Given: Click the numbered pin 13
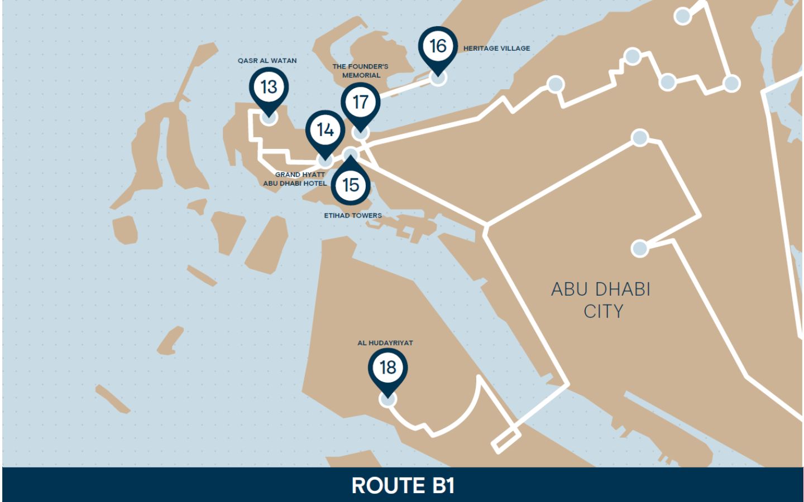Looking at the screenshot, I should coord(269,87).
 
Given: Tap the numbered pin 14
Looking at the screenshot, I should coord(325,130).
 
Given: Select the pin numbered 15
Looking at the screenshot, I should coord(351,185).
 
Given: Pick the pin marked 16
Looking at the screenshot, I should coord(438,46).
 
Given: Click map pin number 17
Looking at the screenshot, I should coord(361,102).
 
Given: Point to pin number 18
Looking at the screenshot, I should coord(387,368).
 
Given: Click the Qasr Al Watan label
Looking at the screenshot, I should coord(267,61).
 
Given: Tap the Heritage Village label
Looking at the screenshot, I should coord(496,49).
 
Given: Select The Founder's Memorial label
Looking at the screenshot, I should coord(360,71).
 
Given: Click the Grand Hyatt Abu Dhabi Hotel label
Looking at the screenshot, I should coord(295,179).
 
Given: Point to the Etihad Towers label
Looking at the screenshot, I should coord(353,215).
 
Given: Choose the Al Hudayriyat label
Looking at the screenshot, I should coord(385,343).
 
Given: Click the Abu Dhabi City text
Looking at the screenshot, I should coord(601,300).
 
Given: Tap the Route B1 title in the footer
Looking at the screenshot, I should coord(403,485).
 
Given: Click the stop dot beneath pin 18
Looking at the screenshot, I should coord(387,399).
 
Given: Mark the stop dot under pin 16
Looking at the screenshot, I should coord(438,78).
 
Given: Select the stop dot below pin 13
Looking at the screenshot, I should coord(269,118).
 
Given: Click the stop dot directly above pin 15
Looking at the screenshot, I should coord(350,155).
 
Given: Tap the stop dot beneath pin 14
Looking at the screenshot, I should coord(325,161).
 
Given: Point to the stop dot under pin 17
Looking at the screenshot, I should coord(361,133).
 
